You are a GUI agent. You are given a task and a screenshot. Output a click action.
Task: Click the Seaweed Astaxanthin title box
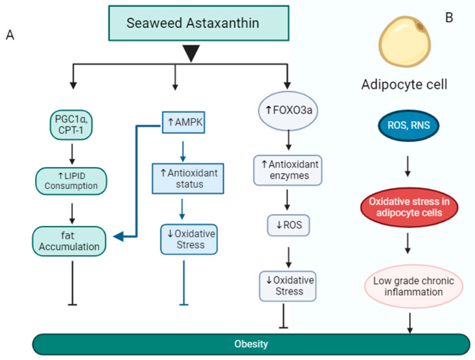pos(199,23)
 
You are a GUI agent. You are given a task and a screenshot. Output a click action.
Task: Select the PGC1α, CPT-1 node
pos(71,125)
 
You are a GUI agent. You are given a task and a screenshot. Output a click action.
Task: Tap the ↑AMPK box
pos(183,122)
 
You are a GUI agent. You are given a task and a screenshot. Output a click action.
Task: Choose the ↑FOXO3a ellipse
pos(288,110)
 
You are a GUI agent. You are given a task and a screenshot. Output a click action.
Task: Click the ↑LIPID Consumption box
pos(71,181)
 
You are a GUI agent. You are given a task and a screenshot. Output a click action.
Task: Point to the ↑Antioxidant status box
pos(188,179)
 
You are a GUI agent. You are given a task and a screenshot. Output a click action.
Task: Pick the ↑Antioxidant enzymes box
pos(288,170)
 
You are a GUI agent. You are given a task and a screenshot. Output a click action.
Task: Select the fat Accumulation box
pos(69,241)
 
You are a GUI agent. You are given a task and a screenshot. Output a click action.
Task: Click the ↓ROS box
pos(288,225)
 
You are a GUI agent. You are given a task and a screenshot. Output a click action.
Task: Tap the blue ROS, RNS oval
pos(409,126)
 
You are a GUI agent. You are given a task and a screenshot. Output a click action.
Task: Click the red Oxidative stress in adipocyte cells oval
pos(409,207)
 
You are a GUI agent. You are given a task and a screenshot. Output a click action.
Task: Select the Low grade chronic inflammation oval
pos(413,286)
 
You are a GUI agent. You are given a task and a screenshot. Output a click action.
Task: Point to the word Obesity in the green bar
pos(251,344)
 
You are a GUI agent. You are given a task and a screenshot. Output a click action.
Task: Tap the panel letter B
pos(449,17)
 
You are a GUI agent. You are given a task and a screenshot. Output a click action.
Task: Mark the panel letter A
pos(10,35)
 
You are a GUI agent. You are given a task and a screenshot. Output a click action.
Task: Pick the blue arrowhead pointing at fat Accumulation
pos(119,236)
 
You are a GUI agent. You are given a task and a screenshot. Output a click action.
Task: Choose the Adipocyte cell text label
pos(404,84)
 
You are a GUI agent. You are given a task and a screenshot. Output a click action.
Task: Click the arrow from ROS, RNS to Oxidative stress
pos(408,166)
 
